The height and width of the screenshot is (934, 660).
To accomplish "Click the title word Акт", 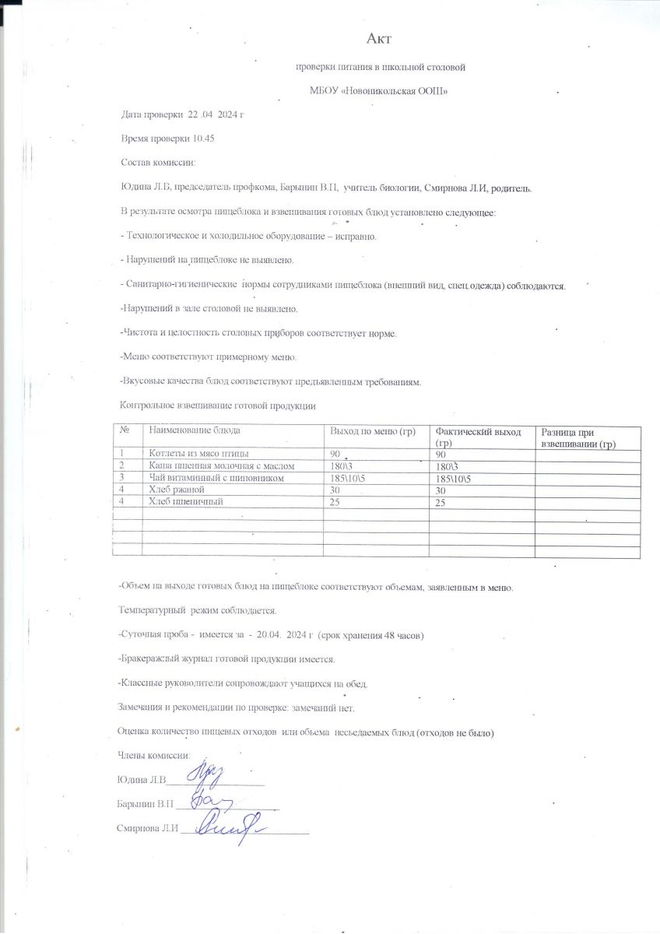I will point(378,38).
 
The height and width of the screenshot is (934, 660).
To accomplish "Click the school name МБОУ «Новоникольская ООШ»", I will point(380,91).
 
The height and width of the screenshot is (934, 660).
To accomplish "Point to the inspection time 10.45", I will point(203,138).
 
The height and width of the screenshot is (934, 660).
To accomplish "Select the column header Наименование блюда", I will point(195,430).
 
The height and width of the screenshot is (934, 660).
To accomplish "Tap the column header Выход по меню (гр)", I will point(373,431).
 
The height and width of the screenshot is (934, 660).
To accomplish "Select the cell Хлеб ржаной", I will point(176,490).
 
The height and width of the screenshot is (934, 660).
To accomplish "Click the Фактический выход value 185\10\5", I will point(456,478).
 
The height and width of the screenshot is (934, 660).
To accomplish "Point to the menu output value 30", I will point(336,490).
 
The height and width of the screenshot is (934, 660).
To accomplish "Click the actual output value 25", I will point(441,503).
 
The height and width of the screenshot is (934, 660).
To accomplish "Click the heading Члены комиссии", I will point(153,755).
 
